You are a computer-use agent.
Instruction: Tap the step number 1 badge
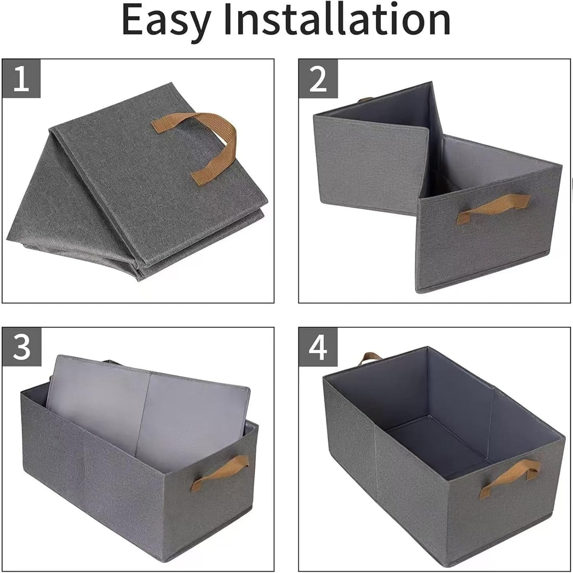click(x=21, y=79)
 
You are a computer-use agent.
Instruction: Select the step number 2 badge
click(x=318, y=79)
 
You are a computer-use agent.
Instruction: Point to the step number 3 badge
click(x=21, y=347)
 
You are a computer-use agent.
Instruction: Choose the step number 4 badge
click(x=318, y=347)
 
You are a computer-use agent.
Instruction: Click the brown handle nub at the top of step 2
click(x=364, y=100)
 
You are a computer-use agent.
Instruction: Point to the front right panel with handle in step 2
click(x=489, y=229)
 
